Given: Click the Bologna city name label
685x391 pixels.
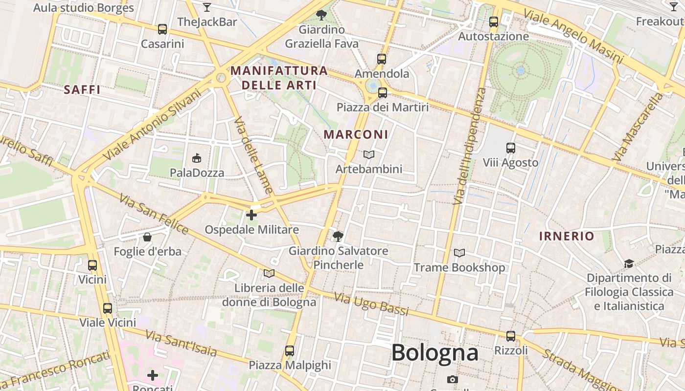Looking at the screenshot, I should pyautogui.click(x=434, y=352).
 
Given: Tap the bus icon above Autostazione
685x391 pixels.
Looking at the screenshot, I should pyautogui.click(x=493, y=22).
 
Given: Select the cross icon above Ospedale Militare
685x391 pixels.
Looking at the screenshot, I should pyautogui.click(x=251, y=215).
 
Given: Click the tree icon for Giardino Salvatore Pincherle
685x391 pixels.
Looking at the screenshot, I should pyautogui.click(x=338, y=237).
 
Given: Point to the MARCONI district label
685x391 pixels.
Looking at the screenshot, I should pyautogui.click(x=356, y=134).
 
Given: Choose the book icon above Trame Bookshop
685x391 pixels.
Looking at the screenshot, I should pyautogui.click(x=459, y=253).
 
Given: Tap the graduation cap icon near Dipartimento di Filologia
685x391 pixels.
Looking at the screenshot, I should pyautogui.click(x=629, y=264).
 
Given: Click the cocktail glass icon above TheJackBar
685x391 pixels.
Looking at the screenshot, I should pyautogui.click(x=207, y=7).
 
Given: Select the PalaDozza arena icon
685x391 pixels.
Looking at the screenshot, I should pyautogui.click(x=197, y=158).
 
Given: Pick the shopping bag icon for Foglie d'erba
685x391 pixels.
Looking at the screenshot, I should pyautogui.click(x=147, y=238).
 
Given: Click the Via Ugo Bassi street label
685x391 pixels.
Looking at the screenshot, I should pyautogui.click(x=371, y=304).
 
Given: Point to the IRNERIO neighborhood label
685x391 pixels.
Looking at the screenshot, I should pyautogui.click(x=567, y=237).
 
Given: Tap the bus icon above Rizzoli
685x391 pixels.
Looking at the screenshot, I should pyautogui.click(x=511, y=336).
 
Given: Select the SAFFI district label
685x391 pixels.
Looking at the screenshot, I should pyautogui.click(x=82, y=89).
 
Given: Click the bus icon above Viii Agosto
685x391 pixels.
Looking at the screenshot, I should pyautogui.click(x=511, y=148).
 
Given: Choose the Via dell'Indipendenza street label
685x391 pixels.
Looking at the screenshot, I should pyautogui.click(x=469, y=147).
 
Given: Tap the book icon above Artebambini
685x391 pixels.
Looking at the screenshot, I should pyautogui.click(x=369, y=155).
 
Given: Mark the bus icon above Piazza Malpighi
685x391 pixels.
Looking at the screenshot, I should pyautogui.click(x=290, y=351).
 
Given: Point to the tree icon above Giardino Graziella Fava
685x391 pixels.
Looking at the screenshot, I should pyautogui.click(x=321, y=15).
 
